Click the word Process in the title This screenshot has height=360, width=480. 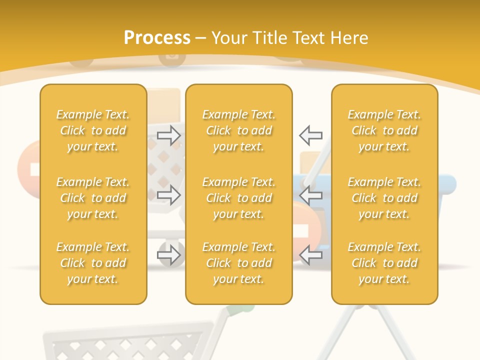[x=157, y=38]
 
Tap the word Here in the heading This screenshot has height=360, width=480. [x=348, y=38]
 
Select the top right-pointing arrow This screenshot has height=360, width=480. [x=169, y=135]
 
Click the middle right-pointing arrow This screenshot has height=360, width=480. [x=169, y=195]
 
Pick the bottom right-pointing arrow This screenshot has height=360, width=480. [x=169, y=255]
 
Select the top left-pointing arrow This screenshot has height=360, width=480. [x=310, y=135]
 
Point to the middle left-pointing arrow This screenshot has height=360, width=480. [x=310, y=195]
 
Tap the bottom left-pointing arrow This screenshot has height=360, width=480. [x=310, y=255]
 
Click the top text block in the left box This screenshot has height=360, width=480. [x=93, y=130]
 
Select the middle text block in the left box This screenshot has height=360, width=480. [x=93, y=198]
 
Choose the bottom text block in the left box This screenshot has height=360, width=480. [x=93, y=263]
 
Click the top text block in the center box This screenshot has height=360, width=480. [x=239, y=130]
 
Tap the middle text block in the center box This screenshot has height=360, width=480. [x=239, y=198]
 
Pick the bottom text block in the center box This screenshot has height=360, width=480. [x=239, y=263]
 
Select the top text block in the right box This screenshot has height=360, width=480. [x=384, y=130]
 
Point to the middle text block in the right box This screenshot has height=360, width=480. [x=384, y=198]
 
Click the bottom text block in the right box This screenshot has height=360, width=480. [x=384, y=263]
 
